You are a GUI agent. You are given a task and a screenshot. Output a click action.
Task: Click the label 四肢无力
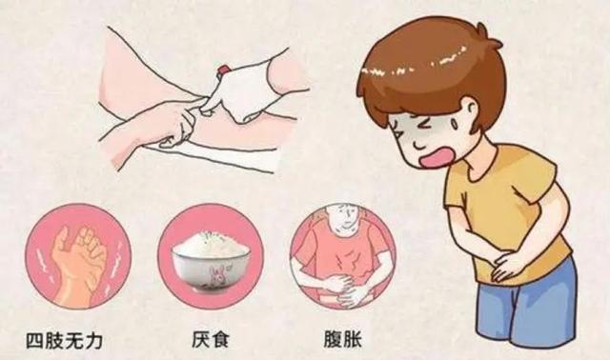(x=64, y=341)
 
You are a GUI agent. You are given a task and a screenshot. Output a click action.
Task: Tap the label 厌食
(x=211, y=339)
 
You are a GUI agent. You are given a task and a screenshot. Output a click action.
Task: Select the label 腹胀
(x=343, y=339)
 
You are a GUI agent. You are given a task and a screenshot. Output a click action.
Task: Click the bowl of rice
(x=211, y=260)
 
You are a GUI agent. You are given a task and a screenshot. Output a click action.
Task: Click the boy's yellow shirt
(x=506, y=210)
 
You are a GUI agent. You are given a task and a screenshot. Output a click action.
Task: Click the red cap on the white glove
(x=223, y=70)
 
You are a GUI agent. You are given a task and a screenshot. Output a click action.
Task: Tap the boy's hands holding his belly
(x=508, y=265)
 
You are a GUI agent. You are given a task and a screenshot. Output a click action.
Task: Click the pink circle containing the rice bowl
(x=211, y=256)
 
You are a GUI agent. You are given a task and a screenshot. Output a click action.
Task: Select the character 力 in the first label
(x=93, y=341)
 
